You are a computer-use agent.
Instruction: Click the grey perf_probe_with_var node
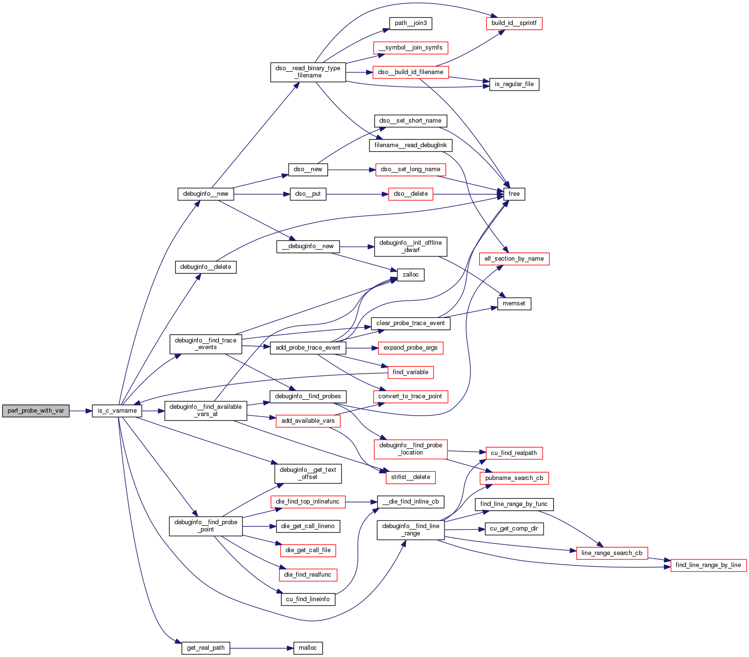[x=36, y=411]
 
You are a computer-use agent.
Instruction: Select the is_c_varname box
[x=117, y=411]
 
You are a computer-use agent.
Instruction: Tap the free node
[x=514, y=194]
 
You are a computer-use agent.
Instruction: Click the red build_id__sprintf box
[x=514, y=23]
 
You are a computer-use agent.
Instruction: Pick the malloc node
[x=307, y=648]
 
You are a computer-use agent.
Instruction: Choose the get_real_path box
[x=205, y=648]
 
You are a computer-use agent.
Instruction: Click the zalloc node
[x=410, y=275]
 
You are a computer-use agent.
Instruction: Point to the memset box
[x=514, y=303]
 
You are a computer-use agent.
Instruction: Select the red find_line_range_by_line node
[x=708, y=565]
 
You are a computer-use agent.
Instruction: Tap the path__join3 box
[x=410, y=23]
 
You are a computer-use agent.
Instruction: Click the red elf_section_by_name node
[x=514, y=259]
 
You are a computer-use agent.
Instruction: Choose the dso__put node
[x=308, y=194]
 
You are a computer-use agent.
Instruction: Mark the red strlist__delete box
[x=410, y=477]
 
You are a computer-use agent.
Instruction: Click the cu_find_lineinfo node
[x=308, y=599]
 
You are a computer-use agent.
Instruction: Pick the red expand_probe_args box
[x=410, y=348]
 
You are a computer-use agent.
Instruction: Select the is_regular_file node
[x=514, y=84]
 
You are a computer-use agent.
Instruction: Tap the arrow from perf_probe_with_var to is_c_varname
[x=80, y=411]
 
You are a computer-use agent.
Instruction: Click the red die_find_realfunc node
[x=307, y=575]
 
